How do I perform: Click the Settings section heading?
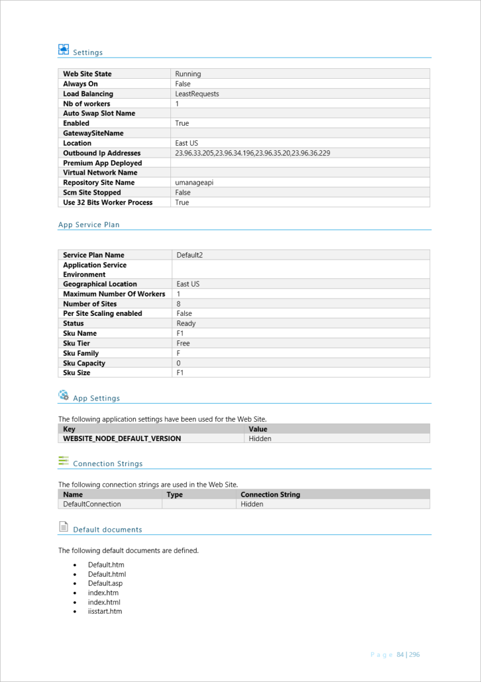pos(88,53)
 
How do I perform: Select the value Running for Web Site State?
pos(188,74)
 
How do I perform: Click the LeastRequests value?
pos(197,94)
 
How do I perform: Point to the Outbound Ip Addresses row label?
pos(101,153)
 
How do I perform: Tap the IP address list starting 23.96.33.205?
pos(252,153)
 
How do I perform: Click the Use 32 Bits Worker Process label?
pos(108,203)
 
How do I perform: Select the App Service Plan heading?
pos(89,225)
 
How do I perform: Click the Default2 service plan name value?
pos(190,255)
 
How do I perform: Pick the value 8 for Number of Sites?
pos(179,304)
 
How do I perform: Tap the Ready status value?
pos(186,323)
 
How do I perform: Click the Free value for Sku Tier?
pos(183,344)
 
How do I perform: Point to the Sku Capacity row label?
pos(84,364)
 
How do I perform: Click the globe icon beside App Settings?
pos(63,395)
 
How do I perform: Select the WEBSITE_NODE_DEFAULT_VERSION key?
pos(122,439)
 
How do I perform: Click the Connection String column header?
pos(270,494)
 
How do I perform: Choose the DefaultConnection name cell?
pos(92,504)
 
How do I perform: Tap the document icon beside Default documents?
pos(63,527)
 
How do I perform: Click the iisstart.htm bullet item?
pos(105,611)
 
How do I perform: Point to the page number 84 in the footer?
pos(400,654)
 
